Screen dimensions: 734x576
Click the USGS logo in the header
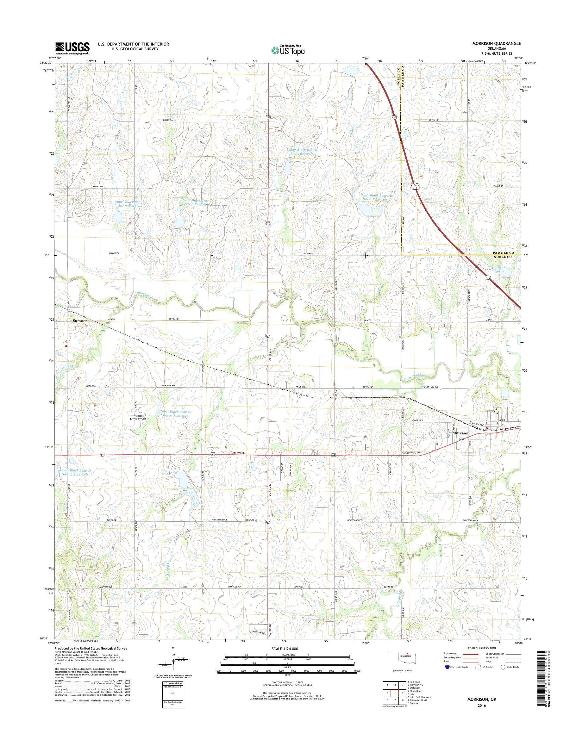pos(72,48)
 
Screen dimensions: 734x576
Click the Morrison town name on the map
pos(461,433)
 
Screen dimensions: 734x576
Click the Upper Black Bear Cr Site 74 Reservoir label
pos(75,472)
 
